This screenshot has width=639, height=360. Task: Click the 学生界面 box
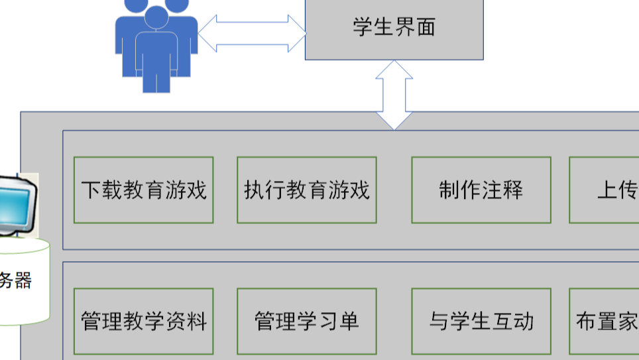[394, 29]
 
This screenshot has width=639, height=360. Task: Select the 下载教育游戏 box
[143, 190]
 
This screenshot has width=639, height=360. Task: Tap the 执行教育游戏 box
[307, 190]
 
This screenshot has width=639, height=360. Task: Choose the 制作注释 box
[481, 190]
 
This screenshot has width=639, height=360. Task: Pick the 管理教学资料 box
[143, 322]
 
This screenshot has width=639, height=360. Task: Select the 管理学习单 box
[307, 322]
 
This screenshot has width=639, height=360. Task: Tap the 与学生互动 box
[481, 322]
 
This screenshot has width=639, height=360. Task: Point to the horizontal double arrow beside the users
[252, 33]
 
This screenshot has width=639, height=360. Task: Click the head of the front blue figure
[156, 18]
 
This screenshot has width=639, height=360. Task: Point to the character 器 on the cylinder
[23, 280]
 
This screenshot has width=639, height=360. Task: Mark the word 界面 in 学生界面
[415, 28]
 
